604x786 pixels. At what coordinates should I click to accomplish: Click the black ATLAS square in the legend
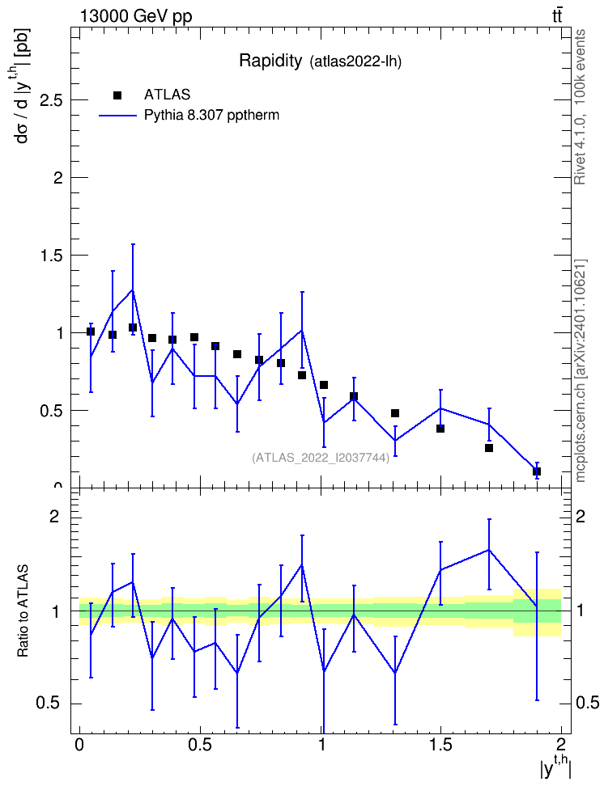click(117, 95)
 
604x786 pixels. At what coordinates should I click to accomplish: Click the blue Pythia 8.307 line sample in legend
click(117, 116)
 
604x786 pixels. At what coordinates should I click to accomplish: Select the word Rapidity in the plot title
click(270, 61)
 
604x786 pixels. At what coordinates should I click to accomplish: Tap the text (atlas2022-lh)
click(355, 62)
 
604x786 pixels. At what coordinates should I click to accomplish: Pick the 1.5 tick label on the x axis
click(440, 744)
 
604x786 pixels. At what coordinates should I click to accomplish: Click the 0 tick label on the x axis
click(79, 744)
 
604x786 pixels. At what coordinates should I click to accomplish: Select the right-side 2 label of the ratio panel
click(580, 516)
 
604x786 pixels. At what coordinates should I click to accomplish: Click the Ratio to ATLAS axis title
click(23, 611)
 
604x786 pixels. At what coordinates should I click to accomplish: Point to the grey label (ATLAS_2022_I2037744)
click(321, 458)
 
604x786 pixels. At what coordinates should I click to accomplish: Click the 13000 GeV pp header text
click(135, 16)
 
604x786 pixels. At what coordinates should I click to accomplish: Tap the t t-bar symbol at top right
click(557, 16)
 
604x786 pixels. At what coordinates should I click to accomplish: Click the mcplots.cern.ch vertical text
click(581, 370)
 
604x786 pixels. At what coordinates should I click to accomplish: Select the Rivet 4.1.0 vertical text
click(580, 107)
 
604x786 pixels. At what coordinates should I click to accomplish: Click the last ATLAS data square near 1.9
click(536, 471)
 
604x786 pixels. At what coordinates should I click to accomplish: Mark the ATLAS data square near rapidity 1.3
click(394, 413)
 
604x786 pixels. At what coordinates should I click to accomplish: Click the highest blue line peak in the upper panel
click(133, 289)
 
